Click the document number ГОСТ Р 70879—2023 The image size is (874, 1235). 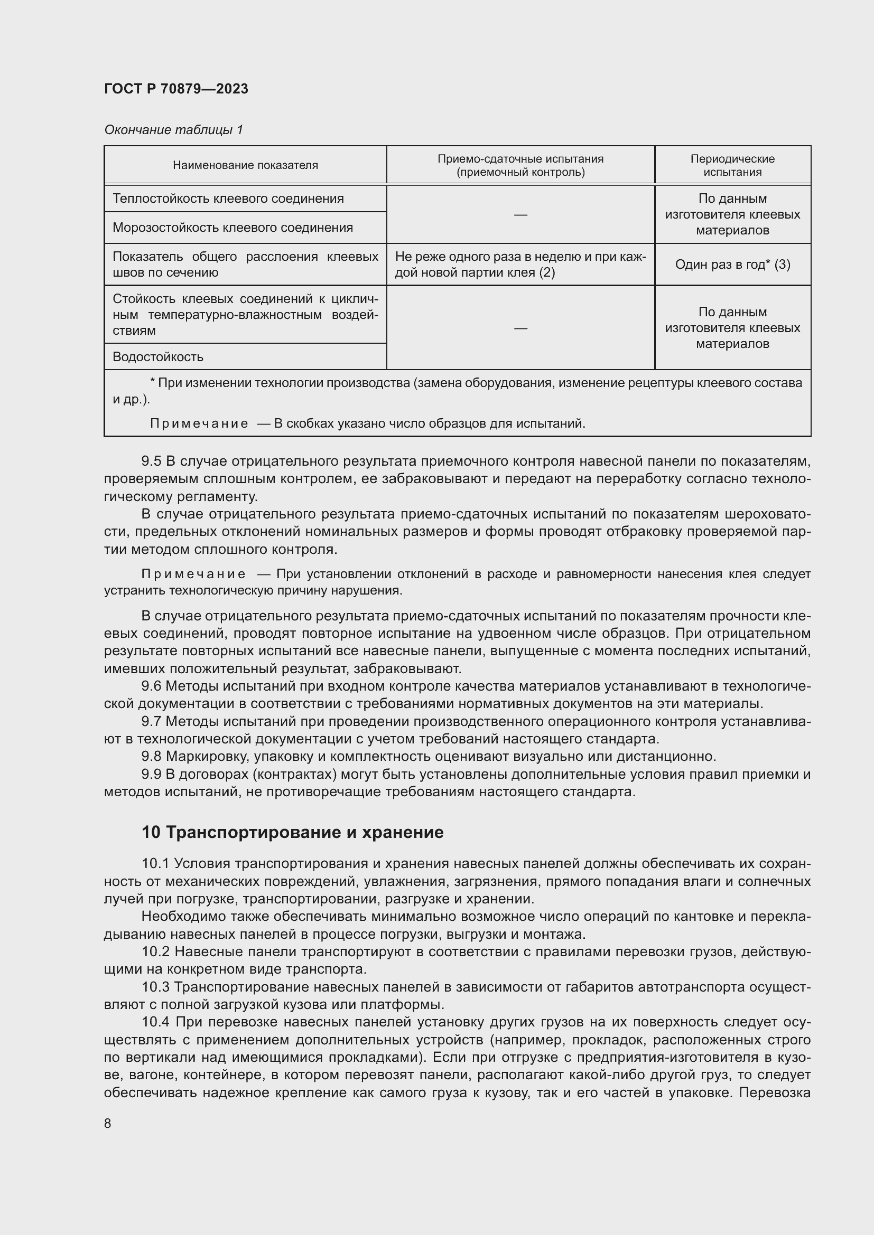coord(176,89)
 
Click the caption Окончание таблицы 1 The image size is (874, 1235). coord(173,130)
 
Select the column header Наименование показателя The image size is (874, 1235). coord(245,165)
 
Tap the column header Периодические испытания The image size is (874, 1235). coord(732,165)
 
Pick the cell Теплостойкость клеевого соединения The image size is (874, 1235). coord(228,199)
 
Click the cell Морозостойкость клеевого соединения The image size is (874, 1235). coord(233,228)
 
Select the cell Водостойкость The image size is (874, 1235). coord(157,356)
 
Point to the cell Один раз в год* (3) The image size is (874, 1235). coord(732,265)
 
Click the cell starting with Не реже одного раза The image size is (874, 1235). coord(520,264)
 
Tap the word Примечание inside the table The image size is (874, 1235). coord(199,424)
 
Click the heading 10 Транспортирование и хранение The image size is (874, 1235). coord(292,832)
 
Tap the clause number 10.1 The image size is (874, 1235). coord(155,863)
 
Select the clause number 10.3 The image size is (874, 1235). coord(155,987)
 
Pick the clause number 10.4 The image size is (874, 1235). coord(155,1022)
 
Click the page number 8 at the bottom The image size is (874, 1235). coord(108,1123)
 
